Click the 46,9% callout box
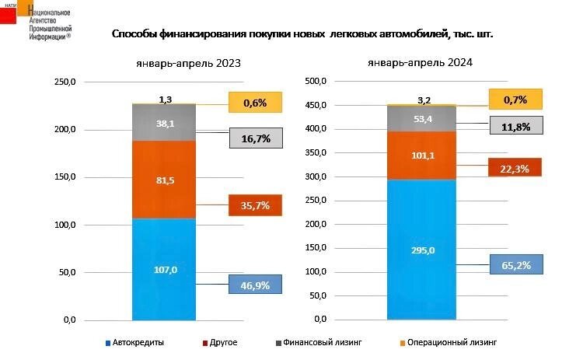click(x=255, y=285)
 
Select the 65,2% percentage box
click(x=515, y=265)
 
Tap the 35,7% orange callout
click(x=255, y=205)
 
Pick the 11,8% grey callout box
click(x=515, y=126)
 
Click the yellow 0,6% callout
click(x=255, y=103)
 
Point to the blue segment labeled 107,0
click(x=164, y=270)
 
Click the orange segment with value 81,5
click(x=164, y=180)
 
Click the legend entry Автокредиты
click(x=137, y=342)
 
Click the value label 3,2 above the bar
click(x=424, y=100)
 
